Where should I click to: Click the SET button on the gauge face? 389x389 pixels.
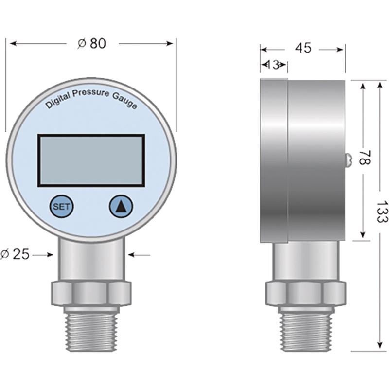pos(62,206)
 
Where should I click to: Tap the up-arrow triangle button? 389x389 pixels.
pos(121,206)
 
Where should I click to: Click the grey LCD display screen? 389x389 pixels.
pos(91,160)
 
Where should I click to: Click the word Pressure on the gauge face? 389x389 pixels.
pos(90,93)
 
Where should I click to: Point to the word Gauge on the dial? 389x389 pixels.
pos(125,101)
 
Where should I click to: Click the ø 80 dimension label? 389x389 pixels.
pos(92,44)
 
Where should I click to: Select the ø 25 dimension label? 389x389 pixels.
pos(15,254)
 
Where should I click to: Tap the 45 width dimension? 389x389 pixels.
pos(303,48)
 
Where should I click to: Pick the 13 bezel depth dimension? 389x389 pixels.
pos(274,65)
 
